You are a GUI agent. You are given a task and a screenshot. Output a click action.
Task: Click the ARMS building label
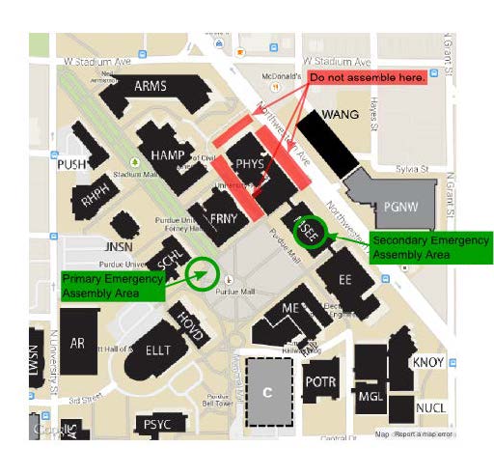pyautogui.click(x=151, y=86)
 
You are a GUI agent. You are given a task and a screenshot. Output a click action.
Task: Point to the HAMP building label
pyautogui.click(x=168, y=154)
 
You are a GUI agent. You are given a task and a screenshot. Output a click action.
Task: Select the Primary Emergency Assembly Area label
pyautogui.click(x=106, y=284)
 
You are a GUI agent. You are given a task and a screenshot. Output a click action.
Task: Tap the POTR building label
pyautogui.click(x=319, y=381)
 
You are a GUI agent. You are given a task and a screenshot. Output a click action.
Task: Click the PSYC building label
pyautogui.click(x=156, y=424)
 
